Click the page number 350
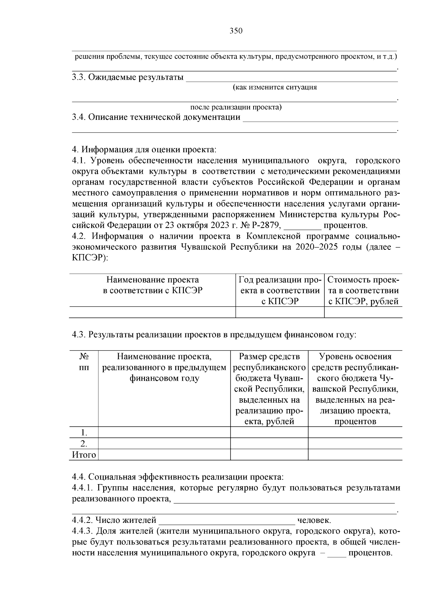pyautogui.click(x=236, y=31)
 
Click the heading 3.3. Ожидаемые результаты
pyautogui.click(x=128, y=77)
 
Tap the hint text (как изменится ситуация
pyautogui.click(x=275, y=87)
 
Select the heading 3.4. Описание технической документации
pyautogui.click(x=156, y=117)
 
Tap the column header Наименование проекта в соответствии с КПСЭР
pyautogui.click(x=152, y=285)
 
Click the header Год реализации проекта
pyautogui.click(x=280, y=290)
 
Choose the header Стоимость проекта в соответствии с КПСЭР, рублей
pyautogui.click(x=363, y=290)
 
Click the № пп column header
pyautogui.click(x=84, y=362)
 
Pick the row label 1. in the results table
pyautogui.click(x=84, y=432)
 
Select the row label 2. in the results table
pyautogui.click(x=84, y=444)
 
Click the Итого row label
pyautogui.click(x=84, y=455)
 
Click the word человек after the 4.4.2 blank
pyautogui.click(x=314, y=520)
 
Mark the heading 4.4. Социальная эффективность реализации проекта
pyautogui.click(x=178, y=477)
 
